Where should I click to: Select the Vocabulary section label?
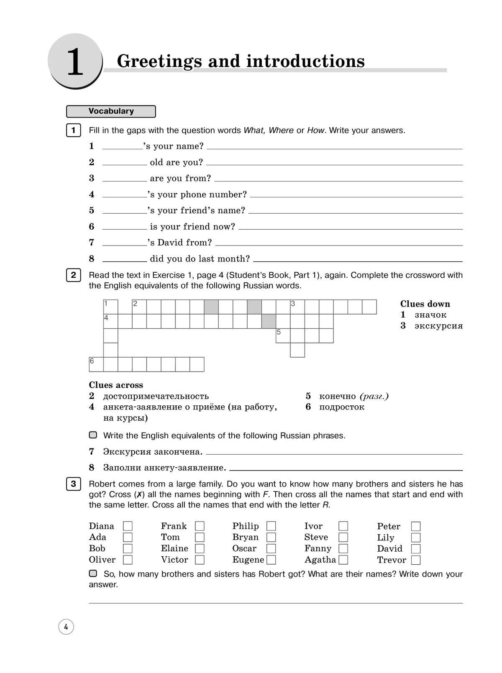pyautogui.click(x=111, y=111)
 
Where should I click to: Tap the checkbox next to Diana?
pyautogui.click(x=128, y=526)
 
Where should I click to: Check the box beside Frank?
pyautogui.click(x=200, y=526)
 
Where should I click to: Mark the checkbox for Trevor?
pyautogui.click(x=415, y=560)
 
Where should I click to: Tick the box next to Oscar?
pyautogui.click(x=271, y=548)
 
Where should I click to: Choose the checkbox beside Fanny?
pyautogui.click(x=343, y=548)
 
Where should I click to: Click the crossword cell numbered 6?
pyautogui.click(x=96, y=364)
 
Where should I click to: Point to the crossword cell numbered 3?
pyautogui.click(x=297, y=307)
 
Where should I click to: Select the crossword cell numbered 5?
pyautogui.click(x=283, y=336)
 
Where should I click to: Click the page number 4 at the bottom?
pyautogui.click(x=66, y=627)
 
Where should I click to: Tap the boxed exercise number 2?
pyautogui.click(x=74, y=275)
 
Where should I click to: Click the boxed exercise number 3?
pyautogui.click(x=74, y=484)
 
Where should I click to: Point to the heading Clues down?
pyautogui.click(x=425, y=304)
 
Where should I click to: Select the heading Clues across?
pyautogui.click(x=116, y=385)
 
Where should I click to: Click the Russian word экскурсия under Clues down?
pyautogui.click(x=438, y=326)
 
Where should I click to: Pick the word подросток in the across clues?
pyautogui.click(x=341, y=407)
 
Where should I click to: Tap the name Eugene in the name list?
pyautogui.click(x=248, y=560)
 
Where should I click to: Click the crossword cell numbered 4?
pyautogui.click(x=111, y=321)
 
